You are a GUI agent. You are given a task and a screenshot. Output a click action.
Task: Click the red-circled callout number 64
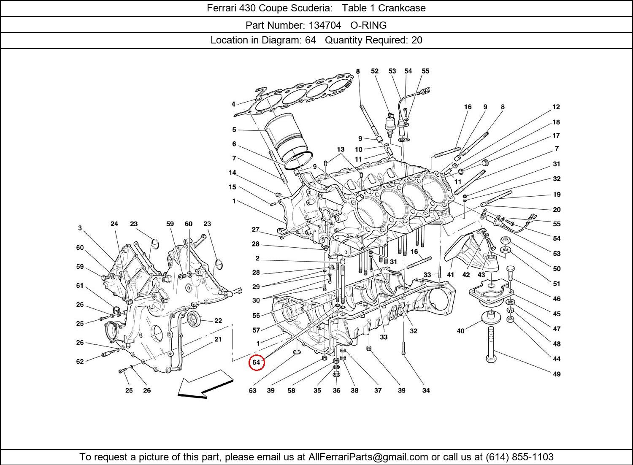tap(256, 362)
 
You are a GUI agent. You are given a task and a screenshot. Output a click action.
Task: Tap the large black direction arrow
tap(205, 384)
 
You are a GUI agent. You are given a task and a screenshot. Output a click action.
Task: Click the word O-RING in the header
tap(368, 25)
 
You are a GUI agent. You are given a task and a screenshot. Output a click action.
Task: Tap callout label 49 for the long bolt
tap(557, 374)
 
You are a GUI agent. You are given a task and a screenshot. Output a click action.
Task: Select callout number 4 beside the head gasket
tap(233, 104)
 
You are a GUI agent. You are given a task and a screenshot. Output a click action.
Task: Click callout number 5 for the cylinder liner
tap(234, 130)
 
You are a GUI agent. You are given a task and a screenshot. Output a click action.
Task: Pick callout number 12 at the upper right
tap(556, 107)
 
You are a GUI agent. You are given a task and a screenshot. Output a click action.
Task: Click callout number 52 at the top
tap(375, 71)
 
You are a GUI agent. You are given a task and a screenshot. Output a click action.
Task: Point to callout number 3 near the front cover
tap(80, 228)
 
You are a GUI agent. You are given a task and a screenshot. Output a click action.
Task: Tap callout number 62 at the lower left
tap(80, 362)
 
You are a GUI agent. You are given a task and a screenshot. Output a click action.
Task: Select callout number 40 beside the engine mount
tap(460, 331)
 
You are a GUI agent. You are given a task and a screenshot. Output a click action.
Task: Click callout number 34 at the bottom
tap(426, 391)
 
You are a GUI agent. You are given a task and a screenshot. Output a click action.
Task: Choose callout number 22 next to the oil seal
tap(218, 321)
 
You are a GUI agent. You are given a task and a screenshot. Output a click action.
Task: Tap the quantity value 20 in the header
tap(417, 41)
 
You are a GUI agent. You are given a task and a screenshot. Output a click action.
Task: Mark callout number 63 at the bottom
tap(252, 391)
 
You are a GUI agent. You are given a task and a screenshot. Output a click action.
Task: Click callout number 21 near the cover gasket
tap(218, 339)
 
